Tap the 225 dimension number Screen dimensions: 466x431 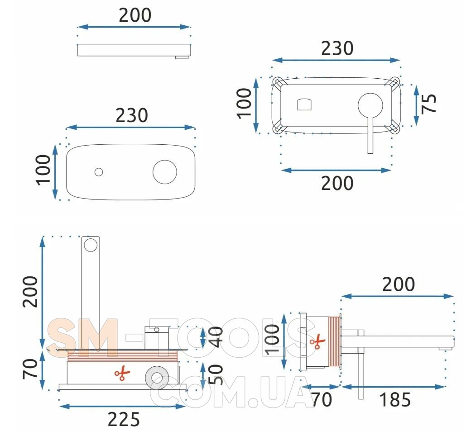pos(123,419)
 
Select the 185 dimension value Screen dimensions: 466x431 pos(395,399)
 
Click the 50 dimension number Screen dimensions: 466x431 pos(216,374)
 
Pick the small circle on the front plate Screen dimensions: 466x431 pos(99,172)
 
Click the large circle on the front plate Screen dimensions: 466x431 pos(165,172)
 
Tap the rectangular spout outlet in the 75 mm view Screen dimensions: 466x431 pos(304,104)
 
